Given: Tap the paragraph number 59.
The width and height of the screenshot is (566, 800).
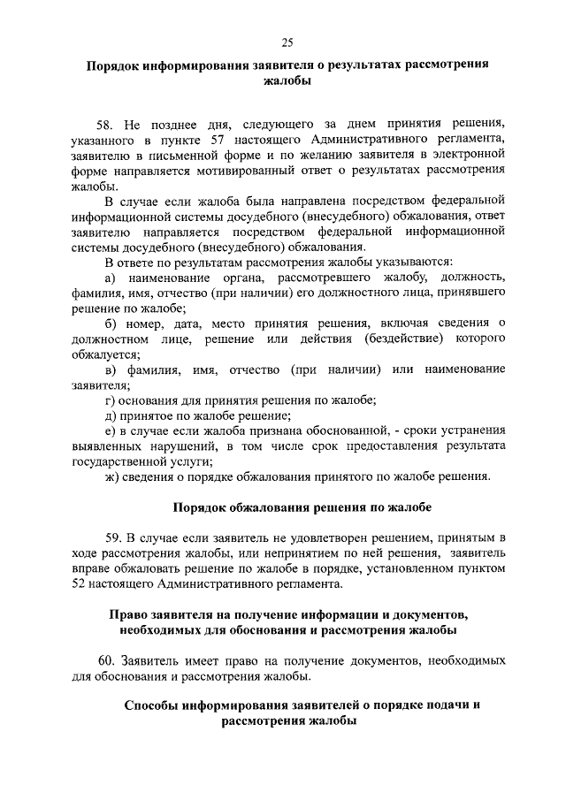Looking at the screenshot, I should coord(113,537).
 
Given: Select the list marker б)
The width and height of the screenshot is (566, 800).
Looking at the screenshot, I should coord(111,324).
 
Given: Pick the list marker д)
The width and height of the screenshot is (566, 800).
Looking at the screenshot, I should coord(111,416).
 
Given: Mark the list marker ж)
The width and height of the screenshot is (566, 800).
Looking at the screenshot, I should coord(111,477).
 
